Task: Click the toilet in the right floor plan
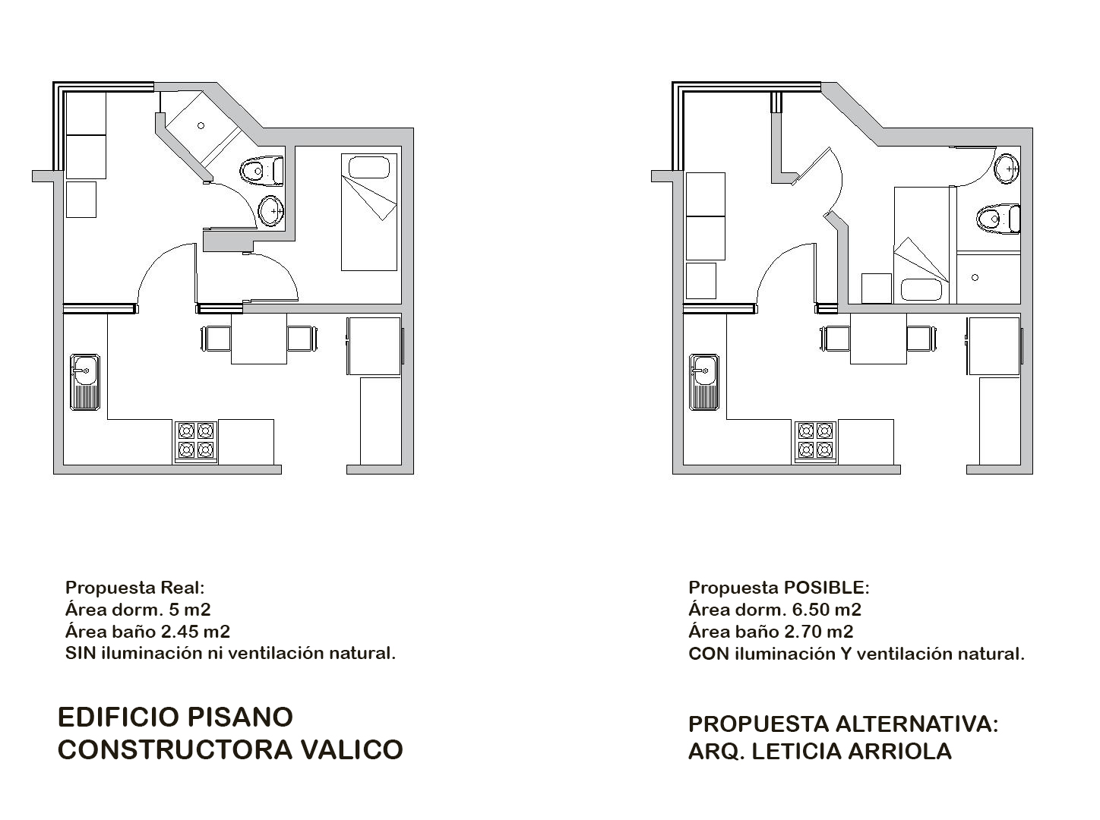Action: pos(998,219)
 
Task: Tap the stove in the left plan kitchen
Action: pos(196,441)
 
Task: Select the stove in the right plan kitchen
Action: pos(815,441)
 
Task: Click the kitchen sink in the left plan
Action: pos(84,382)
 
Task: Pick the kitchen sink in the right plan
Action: pos(704,382)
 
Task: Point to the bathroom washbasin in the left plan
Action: pos(272,211)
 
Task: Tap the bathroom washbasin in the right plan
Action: pos(1007,169)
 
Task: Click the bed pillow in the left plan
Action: pos(369,167)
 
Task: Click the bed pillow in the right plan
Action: pos(921,289)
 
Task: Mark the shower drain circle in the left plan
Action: pos(201,126)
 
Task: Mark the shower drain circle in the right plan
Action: pos(975,277)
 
